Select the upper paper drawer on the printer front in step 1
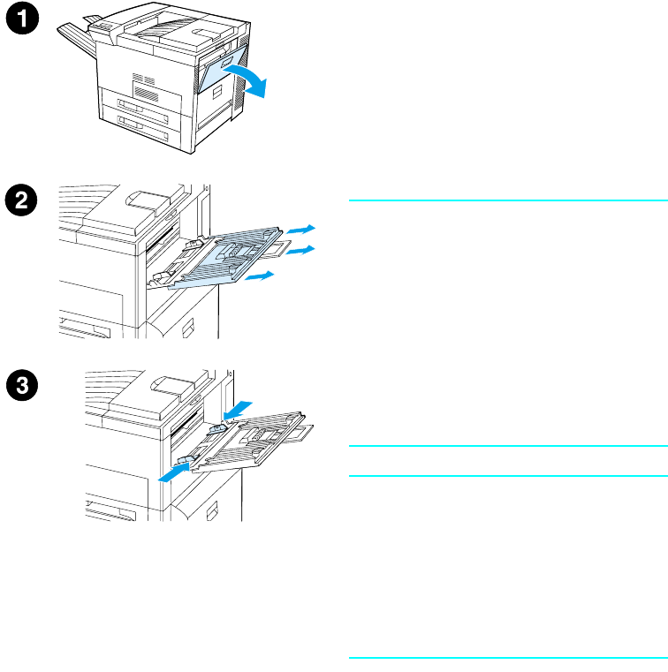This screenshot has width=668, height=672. click(x=147, y=96)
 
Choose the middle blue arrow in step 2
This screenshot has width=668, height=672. click(x=302, y=251)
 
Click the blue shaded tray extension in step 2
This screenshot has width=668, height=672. click(x=225, y=260)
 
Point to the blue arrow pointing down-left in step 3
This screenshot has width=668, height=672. click(x=237, y=409)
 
